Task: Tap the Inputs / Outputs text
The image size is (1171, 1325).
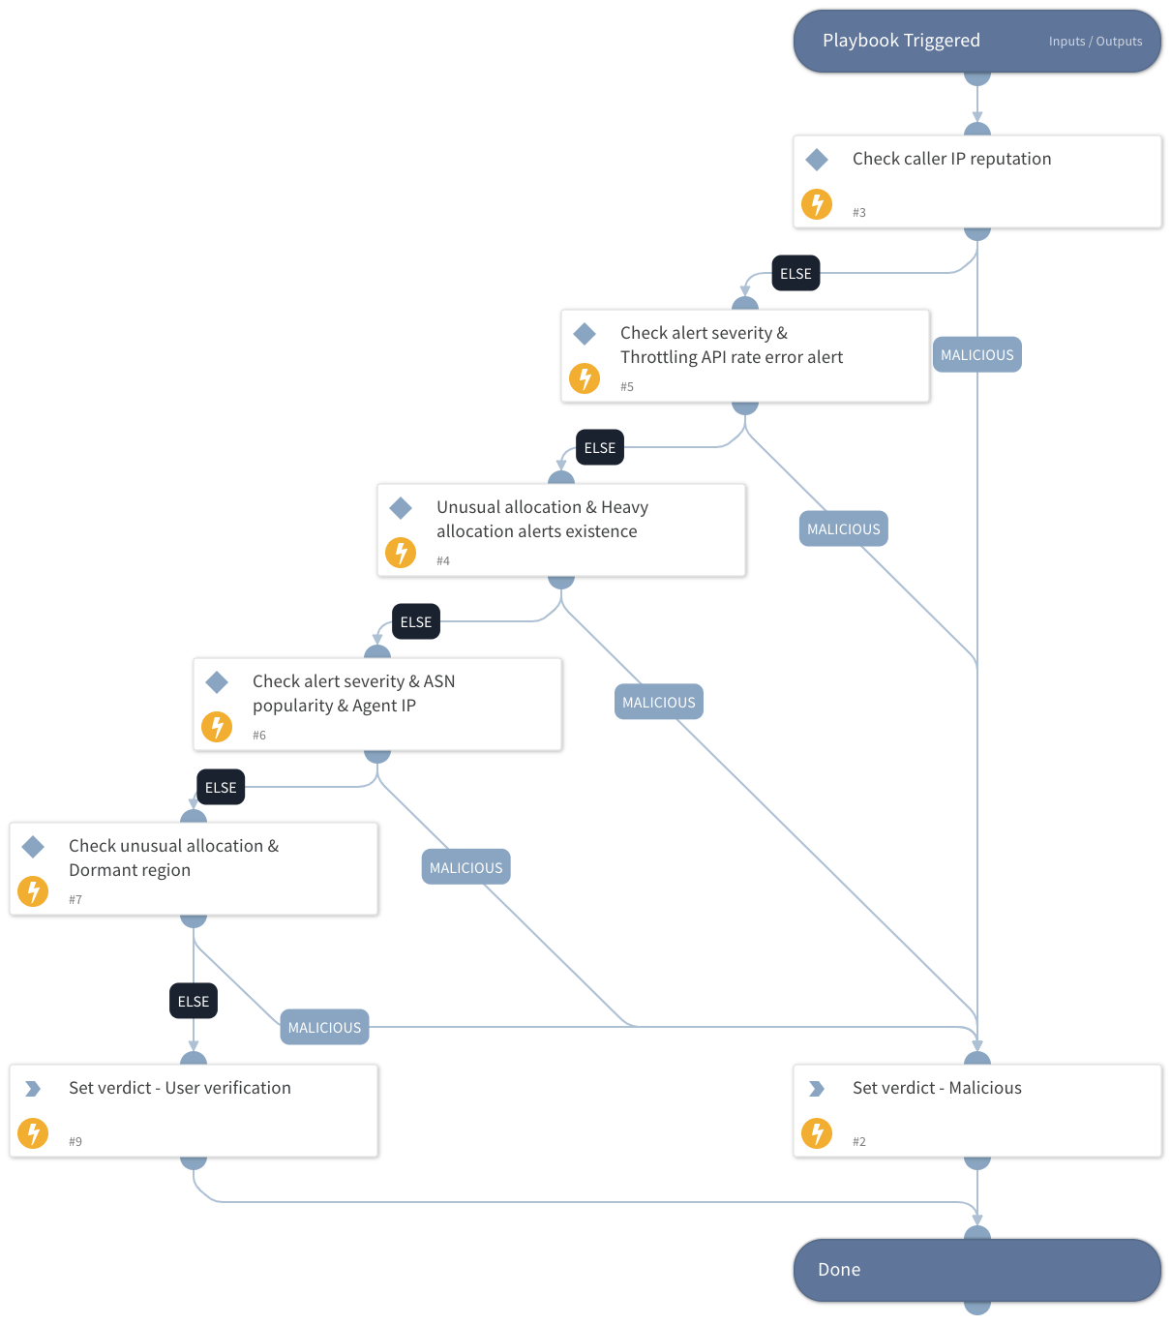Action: pyautogui.click(x=1095, y=42)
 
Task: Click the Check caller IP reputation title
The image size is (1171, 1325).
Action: pyautogui.click(x=951, y=159)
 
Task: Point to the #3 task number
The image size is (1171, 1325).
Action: pyautogui.click(x=858, y=212)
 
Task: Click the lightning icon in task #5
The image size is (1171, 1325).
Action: pyautogui.click(x=585, y=377)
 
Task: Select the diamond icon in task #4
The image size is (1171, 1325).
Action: pyautogui.click(x=401, y=507)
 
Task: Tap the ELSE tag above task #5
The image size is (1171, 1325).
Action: pyautogui.click(x=796, y=274)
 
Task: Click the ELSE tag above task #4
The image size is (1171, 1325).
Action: pyautogui.click(x=600, y=448)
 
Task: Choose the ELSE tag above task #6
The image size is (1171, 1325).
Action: pyautogui.click(x=416, y=622)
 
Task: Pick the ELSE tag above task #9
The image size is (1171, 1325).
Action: pyautogui.click(x=194, y=1002)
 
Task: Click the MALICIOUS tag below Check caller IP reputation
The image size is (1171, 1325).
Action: pyautogui.click(x=976, y=355)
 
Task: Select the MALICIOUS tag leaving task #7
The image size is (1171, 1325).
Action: pyautogui.click(x=324, y=1028)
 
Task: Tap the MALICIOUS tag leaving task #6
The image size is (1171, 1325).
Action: pyautogui.click(x=465, y=868)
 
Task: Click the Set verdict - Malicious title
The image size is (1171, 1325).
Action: pyautogui.click(x=937, y=1088)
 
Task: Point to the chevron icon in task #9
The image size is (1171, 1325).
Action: pyautogui.click(x=33, y=1089)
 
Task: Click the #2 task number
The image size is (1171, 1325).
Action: pyautogui.click(x=858, y=1141)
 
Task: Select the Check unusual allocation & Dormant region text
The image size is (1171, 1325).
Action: pyautogui.click(x=173, y=858)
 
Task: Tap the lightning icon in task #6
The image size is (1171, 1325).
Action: pyautogui.click(x=217, y=726)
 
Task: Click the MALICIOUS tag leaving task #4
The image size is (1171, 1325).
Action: pyautogui.click(x=658, y=703)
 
